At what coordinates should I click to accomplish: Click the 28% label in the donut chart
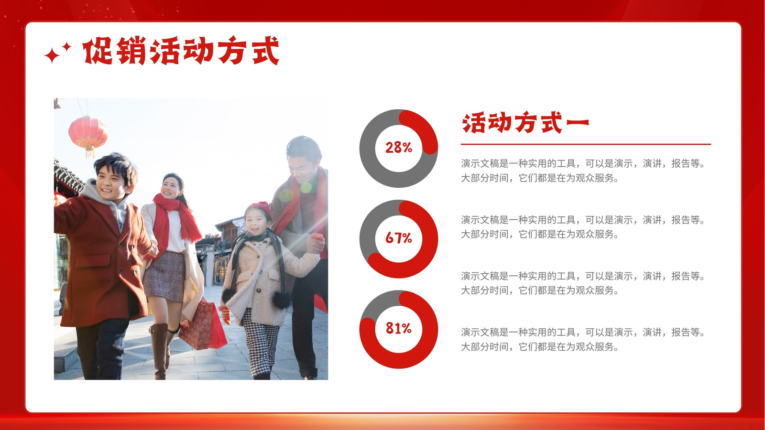tap(399, 148)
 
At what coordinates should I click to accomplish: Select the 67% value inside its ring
tap(399, 238)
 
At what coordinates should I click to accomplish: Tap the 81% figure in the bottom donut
tap(399, 328)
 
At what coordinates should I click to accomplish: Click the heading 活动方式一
tap(525, 122)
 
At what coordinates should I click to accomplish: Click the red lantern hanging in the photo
tap(88, 134)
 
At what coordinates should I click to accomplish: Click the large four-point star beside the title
tap(52, 55)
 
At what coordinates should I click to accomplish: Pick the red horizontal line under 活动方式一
tap(586, 144)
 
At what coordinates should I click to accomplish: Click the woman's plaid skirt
tap(164, 277)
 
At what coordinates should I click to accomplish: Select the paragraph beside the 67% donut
tap(583, 227)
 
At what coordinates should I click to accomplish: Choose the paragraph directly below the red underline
tap(583, 171)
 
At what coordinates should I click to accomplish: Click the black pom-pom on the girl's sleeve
tap(282, 300)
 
